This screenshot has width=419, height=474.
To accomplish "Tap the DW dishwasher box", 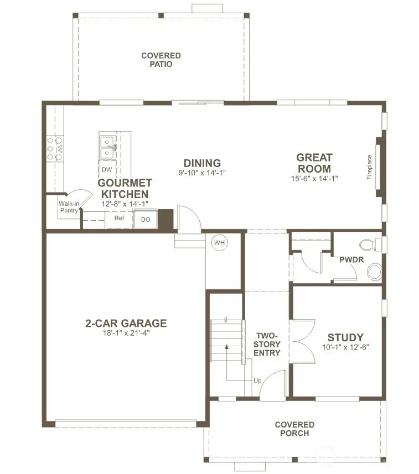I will click(x=106, y=169).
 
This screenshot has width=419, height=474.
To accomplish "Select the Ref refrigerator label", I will click(x=119, y=218).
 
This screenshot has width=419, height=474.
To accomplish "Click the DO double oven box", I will click(x=146, y=219).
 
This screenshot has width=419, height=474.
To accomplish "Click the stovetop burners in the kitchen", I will click(x=55, y=149).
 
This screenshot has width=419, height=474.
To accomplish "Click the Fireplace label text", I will click(x=369, y=166).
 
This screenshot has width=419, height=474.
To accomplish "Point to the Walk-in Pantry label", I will click(x=69, y=207).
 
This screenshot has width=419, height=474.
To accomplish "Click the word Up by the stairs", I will click(x=257, y=381).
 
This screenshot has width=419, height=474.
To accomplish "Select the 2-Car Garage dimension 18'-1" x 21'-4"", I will click(x=126, y=334).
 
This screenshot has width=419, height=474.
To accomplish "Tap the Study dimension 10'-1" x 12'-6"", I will click(x=345, y=347).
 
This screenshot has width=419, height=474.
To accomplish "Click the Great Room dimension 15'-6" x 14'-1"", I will click(x=314, y=179).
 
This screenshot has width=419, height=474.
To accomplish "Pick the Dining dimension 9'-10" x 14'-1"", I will click(x=202, y=173).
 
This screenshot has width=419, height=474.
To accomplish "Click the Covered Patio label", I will click(x=161, y=60).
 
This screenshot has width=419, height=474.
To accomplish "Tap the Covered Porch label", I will click(x=294, y=429).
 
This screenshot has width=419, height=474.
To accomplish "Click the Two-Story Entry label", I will click(x=267, y=344).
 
